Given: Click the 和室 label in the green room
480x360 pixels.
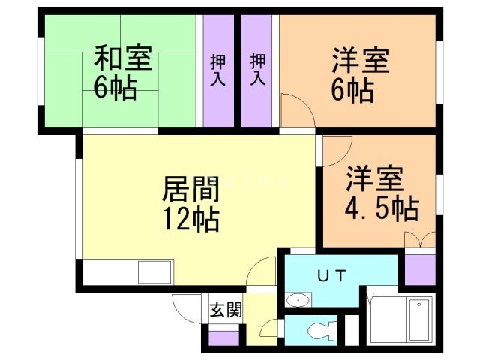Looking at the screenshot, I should click(x=123, y=58).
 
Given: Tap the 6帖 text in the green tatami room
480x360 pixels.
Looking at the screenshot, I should click(x=115, y=88).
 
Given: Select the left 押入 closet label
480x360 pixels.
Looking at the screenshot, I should click(x=217, y=69).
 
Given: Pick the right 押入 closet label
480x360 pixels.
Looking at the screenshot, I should click(x=258, y=69).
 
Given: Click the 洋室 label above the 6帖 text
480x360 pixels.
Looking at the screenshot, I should click(x=360, y=60).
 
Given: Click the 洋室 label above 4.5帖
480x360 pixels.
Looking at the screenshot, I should click(x=375, y=179).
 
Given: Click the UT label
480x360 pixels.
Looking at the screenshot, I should click(x=331, y=275).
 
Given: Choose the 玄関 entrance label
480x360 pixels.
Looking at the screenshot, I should click(x=225, y=308).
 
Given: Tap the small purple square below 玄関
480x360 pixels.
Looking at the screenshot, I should click(x=220, y=337).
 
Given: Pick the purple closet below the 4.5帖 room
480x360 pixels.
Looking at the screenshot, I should click(x=419, y=270).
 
